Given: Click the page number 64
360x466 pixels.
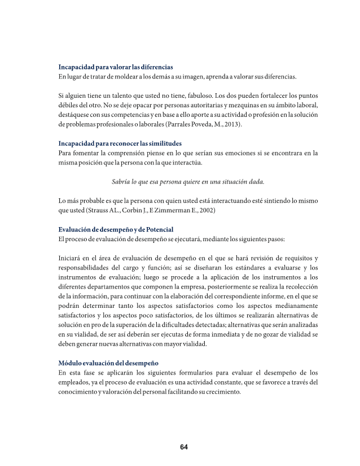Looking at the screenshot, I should [183, 447].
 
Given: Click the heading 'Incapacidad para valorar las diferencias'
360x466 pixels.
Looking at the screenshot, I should [116, 67].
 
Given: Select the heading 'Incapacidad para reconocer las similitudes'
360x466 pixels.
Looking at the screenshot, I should [120, 143].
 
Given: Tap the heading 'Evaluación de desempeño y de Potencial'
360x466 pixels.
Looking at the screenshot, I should [116, 229].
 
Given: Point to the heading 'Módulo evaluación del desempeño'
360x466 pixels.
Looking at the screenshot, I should [108, 363].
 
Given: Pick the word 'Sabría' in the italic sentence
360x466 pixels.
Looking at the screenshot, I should [122, 182].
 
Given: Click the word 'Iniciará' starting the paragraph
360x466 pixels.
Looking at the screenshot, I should [72, 258].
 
